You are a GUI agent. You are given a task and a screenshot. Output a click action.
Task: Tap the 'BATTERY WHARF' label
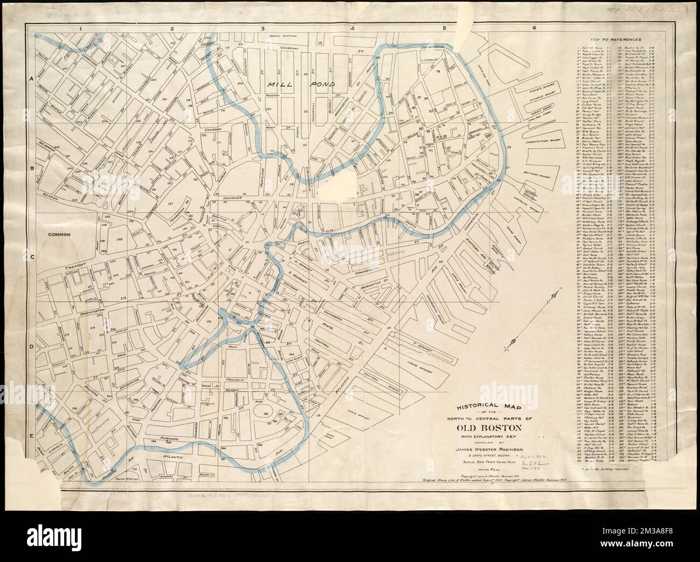(544, 173)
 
